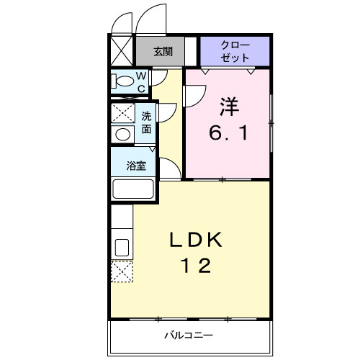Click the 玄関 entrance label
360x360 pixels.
pos(163,51)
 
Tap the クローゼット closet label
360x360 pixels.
pos(235,51)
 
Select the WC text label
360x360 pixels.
pos(141,82)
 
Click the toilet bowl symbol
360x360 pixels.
pos(122,81)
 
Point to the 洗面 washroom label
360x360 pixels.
pos(146,122)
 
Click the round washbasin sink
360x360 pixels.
pos(122,134)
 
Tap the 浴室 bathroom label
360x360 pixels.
pos(136,166)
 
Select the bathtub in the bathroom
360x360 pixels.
pos(133,189)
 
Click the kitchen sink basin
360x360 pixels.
pos(122,248)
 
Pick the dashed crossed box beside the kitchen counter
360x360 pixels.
pos(122,271)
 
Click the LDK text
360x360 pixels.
pos(196,240)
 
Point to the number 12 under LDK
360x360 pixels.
pos(197,266)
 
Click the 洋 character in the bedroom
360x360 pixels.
pos(229,107)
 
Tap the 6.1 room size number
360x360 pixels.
pos(228,133)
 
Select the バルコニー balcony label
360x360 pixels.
pos(189,335)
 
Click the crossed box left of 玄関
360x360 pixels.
pos(122,50)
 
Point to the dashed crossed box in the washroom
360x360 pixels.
pos(122,113)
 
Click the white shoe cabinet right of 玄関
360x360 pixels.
pos(191,51)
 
